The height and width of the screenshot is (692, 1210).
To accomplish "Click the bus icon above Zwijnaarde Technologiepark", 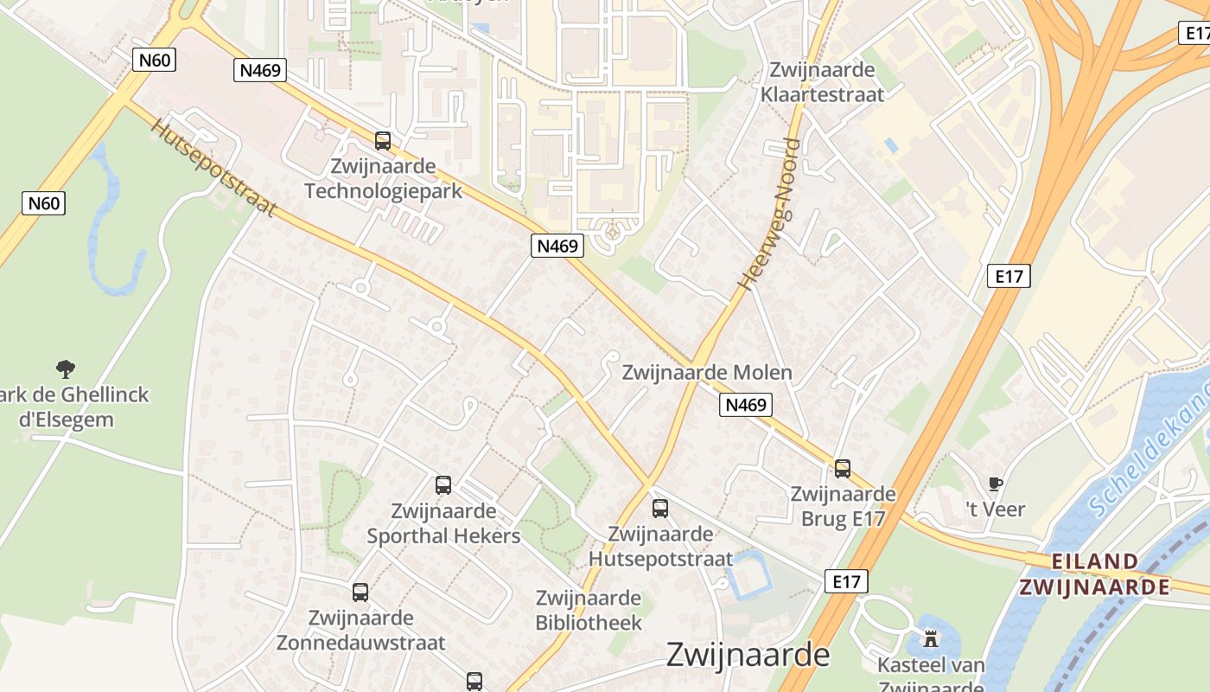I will pyautogui.click(x=383, y=140).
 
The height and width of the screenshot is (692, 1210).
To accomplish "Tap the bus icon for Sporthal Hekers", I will pyautogui.click(x=443, y=484).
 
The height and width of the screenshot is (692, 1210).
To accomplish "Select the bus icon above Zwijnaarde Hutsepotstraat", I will pyautogui.click(x=660, y=508).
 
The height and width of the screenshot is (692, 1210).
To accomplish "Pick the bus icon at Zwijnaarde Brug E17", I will pyautogui.click(x=843, y=469).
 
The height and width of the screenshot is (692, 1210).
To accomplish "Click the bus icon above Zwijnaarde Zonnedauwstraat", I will pyautogui.click(x=360, y=593).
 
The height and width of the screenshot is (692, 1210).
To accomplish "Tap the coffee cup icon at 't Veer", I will pyautogui.click(x=996, y=484).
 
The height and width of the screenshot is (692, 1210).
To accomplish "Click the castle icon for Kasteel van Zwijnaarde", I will pyautogui.click(x=931, y=639).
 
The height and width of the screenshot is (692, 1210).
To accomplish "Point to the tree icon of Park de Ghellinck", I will pyautogui.click(x=66, y=369).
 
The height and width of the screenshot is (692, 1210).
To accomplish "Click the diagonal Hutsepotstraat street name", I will pyautogui.click(x=213, y=167).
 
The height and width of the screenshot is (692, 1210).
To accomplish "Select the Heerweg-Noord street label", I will pyautogui.click(x=770, y=213).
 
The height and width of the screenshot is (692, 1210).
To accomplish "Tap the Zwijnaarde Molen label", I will pyautogui.click(x=707, y=373).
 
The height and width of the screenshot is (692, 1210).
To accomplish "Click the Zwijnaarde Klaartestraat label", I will pyautogui.click(x=823, y=82).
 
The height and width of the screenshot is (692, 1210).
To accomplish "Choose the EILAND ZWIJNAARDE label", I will pyautogui.click(x=1095, y=574).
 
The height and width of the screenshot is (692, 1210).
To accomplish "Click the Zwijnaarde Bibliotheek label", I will pyautogui.click(x=589, y=610).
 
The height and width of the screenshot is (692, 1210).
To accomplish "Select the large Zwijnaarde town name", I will pyautogui.click(x=748, y=655).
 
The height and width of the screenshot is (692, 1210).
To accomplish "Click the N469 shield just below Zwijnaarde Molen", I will pyautogui.click(x=745, y=404).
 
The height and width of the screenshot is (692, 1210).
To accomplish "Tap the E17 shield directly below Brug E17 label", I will pyautogui.click(x=846, y=581).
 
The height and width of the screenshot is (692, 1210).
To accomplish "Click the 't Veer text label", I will pyautogui.click(x=996, y=509).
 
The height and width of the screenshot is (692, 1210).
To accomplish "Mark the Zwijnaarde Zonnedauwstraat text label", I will pyautogui.click(x=360, y=631).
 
